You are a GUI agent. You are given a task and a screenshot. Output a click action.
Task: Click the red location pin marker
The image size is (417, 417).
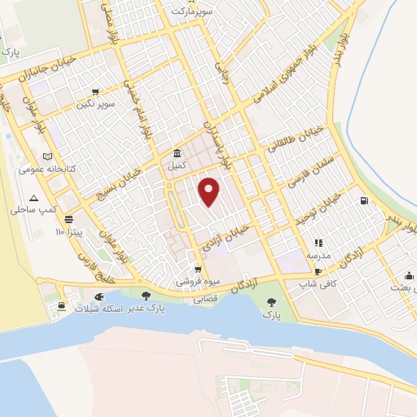[x=210, y=191]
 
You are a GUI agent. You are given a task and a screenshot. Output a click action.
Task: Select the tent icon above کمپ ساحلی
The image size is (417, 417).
[x=33, y=198]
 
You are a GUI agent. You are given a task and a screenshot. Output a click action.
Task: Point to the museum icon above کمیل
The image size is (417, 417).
[x=177, y=154]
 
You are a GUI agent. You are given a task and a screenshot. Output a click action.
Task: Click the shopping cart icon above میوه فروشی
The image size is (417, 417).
[x=197, y=270]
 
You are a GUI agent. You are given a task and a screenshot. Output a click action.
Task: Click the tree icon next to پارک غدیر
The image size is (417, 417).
[x=146, y=296]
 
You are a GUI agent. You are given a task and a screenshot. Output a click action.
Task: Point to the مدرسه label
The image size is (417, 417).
[x=318, y=256]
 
